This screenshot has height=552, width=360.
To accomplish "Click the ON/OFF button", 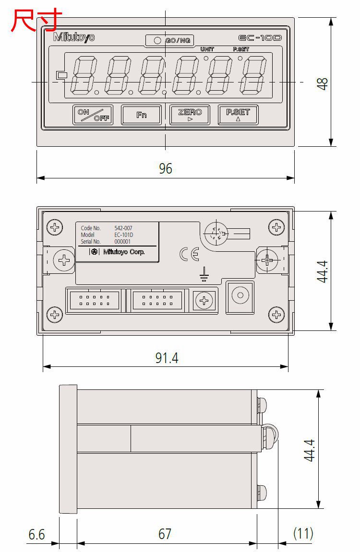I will (x=93, y=115).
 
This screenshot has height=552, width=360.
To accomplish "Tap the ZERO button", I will (x=190, y=115).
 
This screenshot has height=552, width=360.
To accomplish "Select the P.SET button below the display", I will (x=238, y=115).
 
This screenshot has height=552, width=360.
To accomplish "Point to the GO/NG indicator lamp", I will (x=157, y=40).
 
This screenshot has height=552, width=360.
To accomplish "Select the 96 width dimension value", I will (x=165, y=168).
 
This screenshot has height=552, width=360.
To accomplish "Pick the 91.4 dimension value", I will (x=166, y=358).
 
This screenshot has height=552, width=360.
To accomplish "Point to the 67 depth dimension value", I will (x=165, y=534).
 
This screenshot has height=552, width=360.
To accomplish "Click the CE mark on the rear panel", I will (x=189, y=254).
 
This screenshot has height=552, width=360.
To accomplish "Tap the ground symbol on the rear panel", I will (x=204, y=274).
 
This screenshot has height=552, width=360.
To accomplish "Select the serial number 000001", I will (x=122, y=242).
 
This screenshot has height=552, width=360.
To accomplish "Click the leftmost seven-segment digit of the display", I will (x=84, y=76).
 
